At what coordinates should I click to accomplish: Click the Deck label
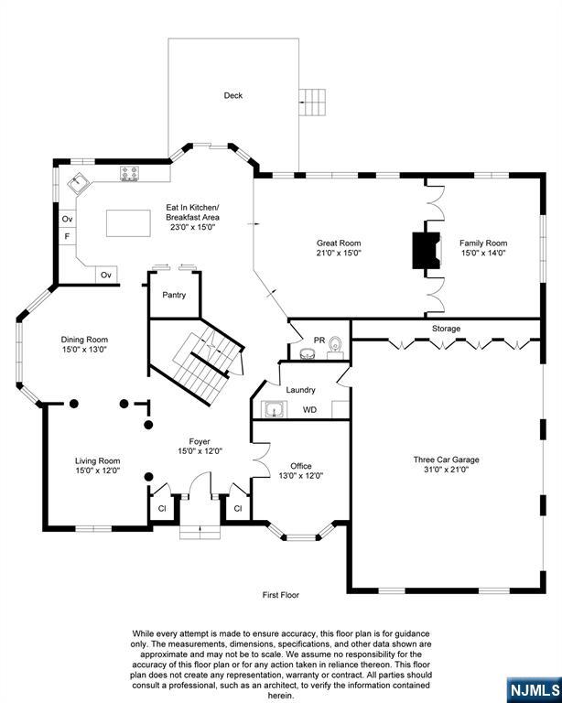click(233, 95)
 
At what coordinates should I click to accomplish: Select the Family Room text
click(482, 243)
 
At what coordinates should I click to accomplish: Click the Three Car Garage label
click(446, 460)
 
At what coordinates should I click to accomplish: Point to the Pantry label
click(174, 295)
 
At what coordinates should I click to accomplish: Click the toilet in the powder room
click(335, 345)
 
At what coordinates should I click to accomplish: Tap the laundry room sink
click(272, 409)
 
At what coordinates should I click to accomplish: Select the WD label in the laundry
click(310, 410)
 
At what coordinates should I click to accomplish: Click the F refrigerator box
click(67, 237)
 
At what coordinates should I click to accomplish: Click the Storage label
click(447, 329)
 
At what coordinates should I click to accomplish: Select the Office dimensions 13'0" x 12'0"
click(301, 475)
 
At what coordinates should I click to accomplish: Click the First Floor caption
click(281, 595)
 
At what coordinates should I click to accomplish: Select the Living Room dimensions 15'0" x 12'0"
click(97, 470)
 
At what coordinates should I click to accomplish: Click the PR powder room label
click(319, 340)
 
